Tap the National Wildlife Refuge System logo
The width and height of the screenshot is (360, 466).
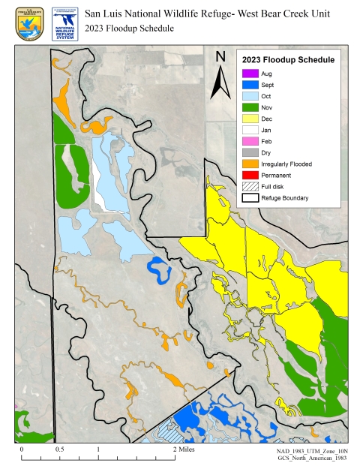[65, 23]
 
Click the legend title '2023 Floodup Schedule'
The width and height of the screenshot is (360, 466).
[289, 59]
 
